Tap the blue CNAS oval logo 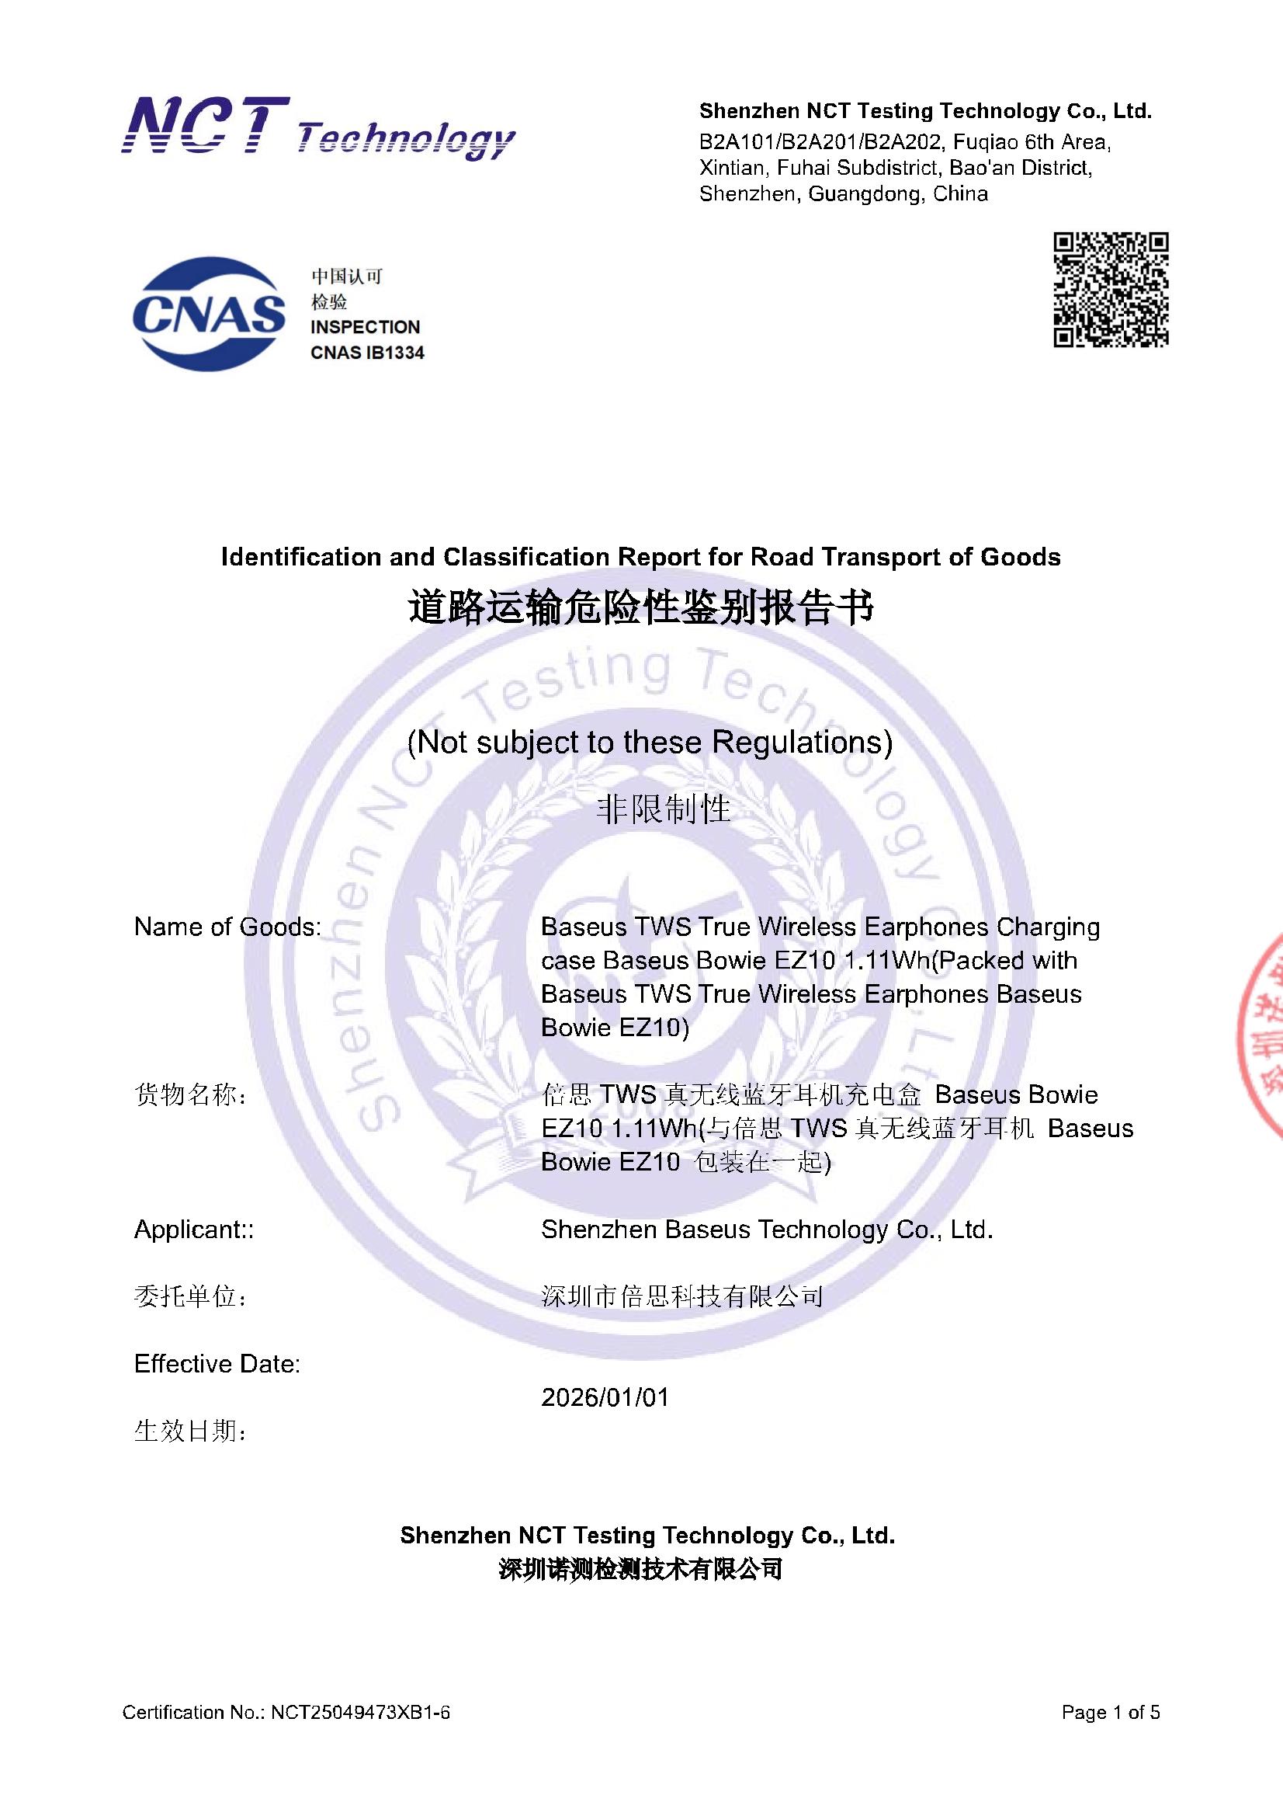point(209,313)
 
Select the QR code point(1111,290)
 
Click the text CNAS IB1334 point(367,353)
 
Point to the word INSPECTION point(365,327)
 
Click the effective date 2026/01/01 point(605,1397)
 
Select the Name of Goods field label point(227,926)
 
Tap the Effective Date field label point(217,1364)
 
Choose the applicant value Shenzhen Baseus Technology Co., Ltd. point(767,1229)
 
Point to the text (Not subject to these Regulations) point(649,742)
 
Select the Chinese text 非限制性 point(662,809)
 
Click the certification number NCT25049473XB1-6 point(360,1713)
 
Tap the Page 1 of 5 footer point(1111,1713)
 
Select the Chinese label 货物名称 point(189,1095)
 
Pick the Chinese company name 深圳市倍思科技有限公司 point(682,1296)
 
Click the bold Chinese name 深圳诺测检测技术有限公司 point(640,1569)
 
